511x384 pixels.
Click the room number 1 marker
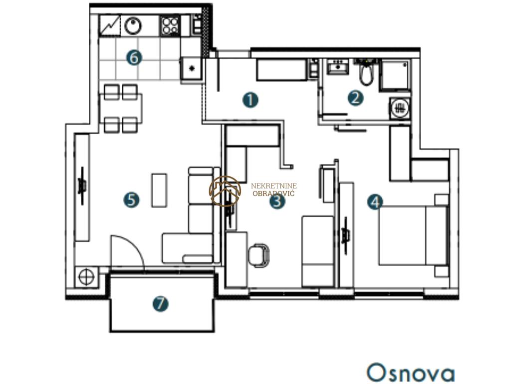tap(251, 100)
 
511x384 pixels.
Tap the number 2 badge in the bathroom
tap(355, 98)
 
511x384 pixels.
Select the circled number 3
tap(277, 201)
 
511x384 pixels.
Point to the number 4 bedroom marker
tap(375, 202)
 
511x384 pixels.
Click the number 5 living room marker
tap(131, 200)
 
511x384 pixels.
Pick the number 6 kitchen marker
tap(134, 58)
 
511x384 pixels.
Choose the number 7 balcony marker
tap(160, 303)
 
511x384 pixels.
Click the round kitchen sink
tap(133, 25)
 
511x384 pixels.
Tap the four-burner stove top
tap(170, 25)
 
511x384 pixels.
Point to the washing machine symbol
tap(400, 107)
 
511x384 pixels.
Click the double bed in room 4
tap(413, 235)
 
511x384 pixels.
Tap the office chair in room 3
tap(259, 254)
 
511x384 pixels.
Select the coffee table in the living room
tap(159, 190)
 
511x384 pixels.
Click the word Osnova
tap(411, 372)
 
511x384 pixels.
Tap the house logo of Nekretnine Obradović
tap(225, 191)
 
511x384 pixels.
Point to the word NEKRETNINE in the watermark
tap(274, 186)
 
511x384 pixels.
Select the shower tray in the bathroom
tap(395, 74)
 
